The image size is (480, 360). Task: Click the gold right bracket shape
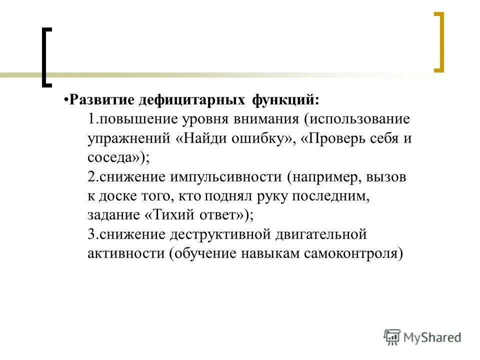[439, 42]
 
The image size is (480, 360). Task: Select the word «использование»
[357, 120]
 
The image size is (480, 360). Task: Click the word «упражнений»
[128, 139]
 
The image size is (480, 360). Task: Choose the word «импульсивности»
[225, 177]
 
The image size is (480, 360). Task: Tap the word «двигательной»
[311, 234]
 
